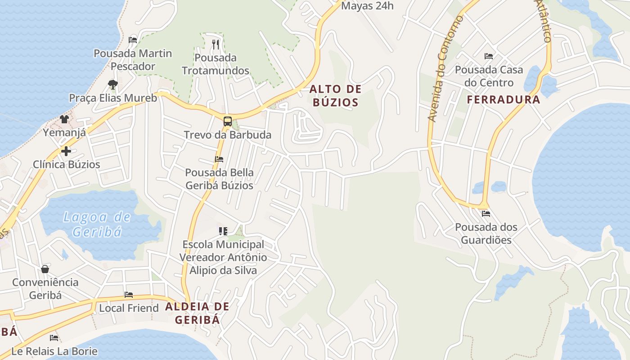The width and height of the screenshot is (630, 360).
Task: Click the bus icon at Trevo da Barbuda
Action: [x=228, y=121]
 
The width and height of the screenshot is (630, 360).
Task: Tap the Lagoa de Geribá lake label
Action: [x=97, y=224]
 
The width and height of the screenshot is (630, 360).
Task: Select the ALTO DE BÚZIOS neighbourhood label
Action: [x=336, y=95]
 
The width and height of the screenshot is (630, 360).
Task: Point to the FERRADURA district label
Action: [x=503, y=100]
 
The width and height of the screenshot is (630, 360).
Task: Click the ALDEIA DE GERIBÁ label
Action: [x=197, y=313]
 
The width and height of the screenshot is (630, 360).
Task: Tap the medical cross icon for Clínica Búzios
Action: [x=66, y=151]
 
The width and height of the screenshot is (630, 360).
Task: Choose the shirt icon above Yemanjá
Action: [x=64, y=119]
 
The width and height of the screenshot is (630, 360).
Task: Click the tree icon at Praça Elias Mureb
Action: [x=112, y=84]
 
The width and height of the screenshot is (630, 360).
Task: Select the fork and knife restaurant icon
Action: [x=216, y=44]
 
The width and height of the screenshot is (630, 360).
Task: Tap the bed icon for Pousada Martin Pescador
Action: [x=133, y=40]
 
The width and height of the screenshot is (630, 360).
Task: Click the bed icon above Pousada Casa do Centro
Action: [x=489, y=56]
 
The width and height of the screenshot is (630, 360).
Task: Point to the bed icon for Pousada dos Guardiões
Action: [x=486, y=213]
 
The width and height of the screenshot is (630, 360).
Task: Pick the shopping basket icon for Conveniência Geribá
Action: [x=45, y=269]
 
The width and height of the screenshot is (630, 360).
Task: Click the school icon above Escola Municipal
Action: [x=223, y=231]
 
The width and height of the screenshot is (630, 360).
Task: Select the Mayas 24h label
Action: [x=367, y=6]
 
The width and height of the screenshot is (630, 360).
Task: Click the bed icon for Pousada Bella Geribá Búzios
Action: [x=219, y=159]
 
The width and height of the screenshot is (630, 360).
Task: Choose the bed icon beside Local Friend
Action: [x=129, y=295]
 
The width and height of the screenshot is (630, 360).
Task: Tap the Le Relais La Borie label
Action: [x=54, y=351]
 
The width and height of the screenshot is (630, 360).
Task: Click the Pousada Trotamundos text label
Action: [x=216, y=64]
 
